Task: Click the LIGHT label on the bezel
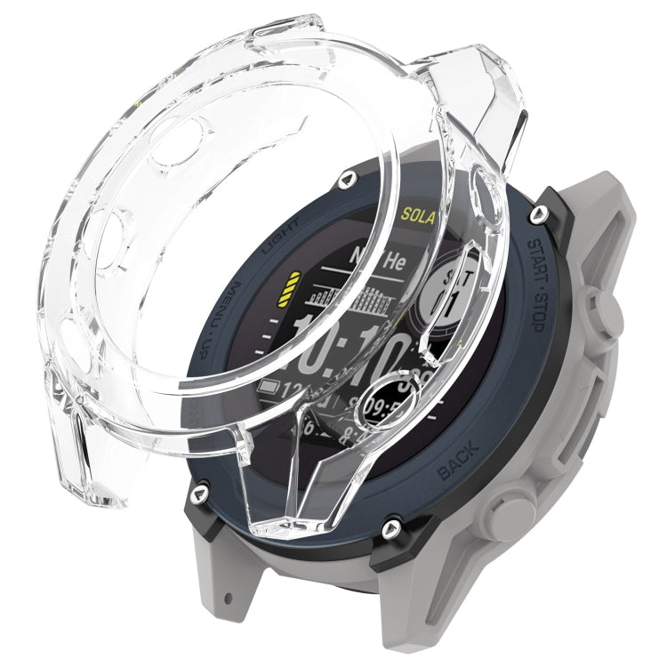277,234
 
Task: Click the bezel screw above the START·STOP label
540,214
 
